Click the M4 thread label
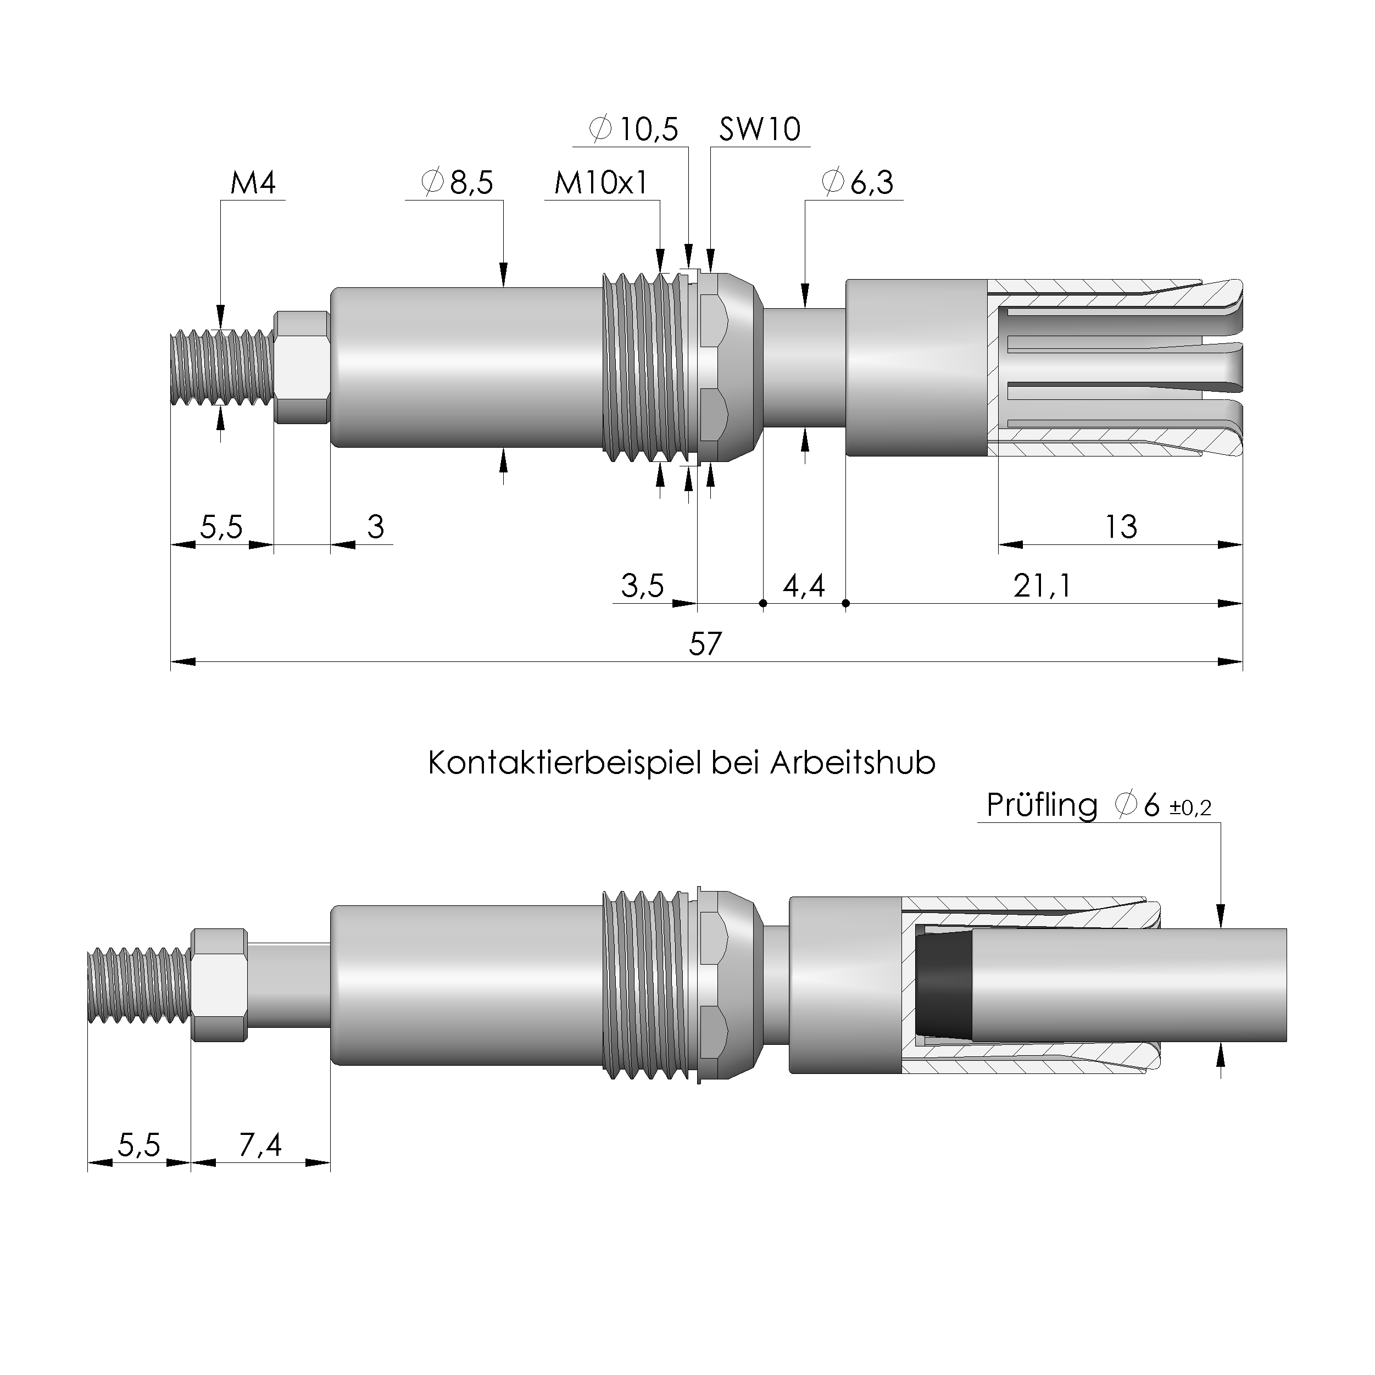coord(253,183)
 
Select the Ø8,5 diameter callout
coord(457,183)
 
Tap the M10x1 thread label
coord(602,183)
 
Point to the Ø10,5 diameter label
coord(634,130)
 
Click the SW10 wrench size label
coord(759,130)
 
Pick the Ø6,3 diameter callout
coord(857,183)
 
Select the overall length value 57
coord(705,644)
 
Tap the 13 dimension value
coord(1120,527)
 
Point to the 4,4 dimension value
coord(804,586)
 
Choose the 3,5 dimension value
coord(642,586)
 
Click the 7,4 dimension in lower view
coord(260,1145)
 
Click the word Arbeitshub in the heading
coord(852,764)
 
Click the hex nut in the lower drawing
coord(219,985)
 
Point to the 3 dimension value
coord(375,527)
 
